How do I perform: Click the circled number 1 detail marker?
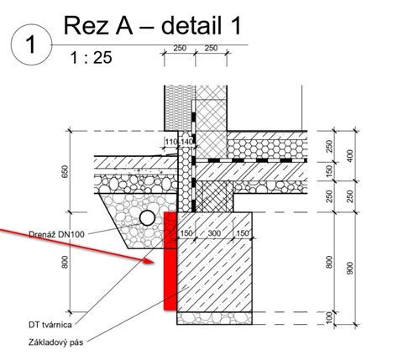coord(31,44)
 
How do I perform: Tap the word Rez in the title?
coord(86,26)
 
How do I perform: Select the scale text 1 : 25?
coord(91,58)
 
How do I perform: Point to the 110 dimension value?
coord(171,142)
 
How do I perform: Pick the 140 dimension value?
coord(187,142)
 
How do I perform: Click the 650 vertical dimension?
coord(65,172)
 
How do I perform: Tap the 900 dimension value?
coord(349,268)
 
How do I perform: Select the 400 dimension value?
coord(349,156)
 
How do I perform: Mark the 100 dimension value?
coord(329,318)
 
